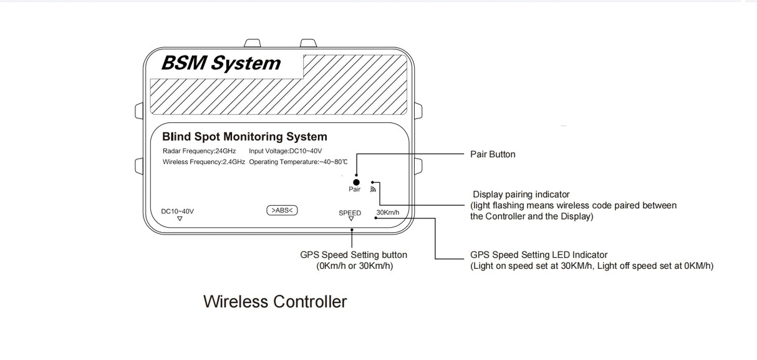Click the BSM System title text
(x=221, y=63)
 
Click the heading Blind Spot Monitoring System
(x=244, y=137)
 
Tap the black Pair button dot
(x=357, y=182)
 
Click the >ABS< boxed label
(x=282, y=210)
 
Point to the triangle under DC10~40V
(x=180, y=219)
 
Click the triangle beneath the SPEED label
(x=350, y=219)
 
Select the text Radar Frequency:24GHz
(x=199, y=151)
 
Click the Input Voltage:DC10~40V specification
(x=285, y=151)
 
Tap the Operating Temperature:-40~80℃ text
(x=298, y=162)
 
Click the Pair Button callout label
(x=493, y=154)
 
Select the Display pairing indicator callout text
(x=521, y=194)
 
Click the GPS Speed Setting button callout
(x=354, y=255)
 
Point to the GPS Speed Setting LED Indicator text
(x=539, y=255)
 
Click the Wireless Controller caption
(x=275, y=302)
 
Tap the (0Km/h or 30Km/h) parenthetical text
(x=354, y=266)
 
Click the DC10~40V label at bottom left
(x=177, y=211)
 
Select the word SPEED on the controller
(x=350, y=212)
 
